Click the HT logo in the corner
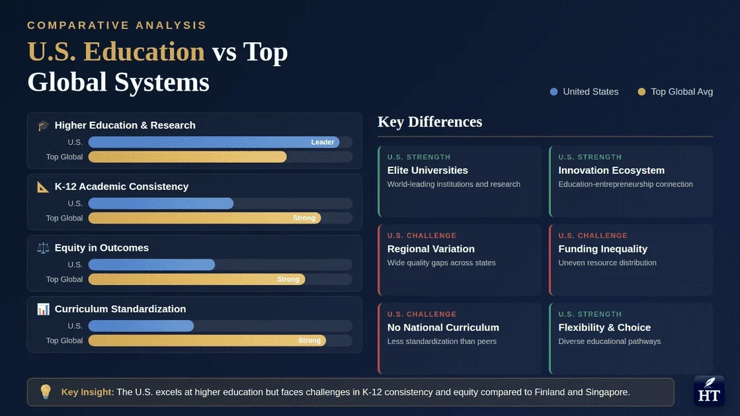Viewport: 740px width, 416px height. point(709,391)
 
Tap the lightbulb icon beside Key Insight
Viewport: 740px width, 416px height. point(45,392)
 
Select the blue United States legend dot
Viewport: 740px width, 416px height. point(554,92)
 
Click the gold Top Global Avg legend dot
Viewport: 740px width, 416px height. point(641,92)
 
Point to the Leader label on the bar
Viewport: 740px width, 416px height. point(323,142)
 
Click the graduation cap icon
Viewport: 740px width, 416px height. point(44,125)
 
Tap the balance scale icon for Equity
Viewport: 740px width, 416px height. point(44,247)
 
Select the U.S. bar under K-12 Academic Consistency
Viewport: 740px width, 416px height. point(161,203)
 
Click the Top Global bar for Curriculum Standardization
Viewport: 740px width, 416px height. point(206,341)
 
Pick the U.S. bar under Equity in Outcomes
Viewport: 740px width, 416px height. point(151,265)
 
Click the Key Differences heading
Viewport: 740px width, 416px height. point(430,122)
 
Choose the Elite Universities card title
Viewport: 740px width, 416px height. point(427,170)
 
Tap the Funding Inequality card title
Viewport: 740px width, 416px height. point(602,249)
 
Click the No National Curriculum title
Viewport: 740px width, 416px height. point(443,327)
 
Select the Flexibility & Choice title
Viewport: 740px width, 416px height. point(604,327)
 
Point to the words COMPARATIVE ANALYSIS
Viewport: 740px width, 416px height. point(117,25)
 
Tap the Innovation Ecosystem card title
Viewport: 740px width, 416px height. point(611,170)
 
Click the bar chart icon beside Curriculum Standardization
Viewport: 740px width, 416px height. point(44,309)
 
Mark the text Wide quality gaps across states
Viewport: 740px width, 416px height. point(441,263)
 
